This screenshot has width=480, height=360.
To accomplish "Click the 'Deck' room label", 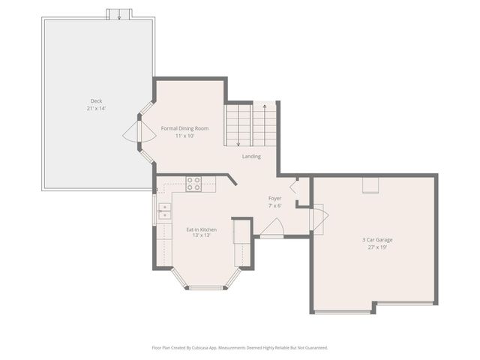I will click(x=96, y=100).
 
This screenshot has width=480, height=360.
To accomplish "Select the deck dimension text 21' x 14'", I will click(x=96, y=109).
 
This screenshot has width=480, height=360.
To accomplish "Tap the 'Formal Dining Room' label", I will click(x=184, y=128).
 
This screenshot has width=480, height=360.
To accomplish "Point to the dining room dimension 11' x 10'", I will click(x=184, y=136).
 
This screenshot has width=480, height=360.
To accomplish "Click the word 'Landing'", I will click(x=251, y=157).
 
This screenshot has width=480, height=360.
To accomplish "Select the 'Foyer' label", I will click(x=275, y=198).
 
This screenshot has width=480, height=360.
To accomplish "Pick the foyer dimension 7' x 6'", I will click(x=275, y=205).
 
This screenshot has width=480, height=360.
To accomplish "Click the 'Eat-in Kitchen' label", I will click(x=202, y=228).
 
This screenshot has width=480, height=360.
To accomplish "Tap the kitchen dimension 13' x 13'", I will click(x=202, y=235).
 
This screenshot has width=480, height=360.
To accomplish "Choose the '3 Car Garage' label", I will click(x=377, y=239).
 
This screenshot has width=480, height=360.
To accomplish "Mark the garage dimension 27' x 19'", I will click(x=377, y=247).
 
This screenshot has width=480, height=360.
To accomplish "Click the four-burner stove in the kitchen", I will click(x=193, y=184).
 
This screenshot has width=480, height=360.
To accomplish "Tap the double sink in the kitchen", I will click(x=163, y=211).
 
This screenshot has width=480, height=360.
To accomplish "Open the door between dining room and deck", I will click(x=132, y=133).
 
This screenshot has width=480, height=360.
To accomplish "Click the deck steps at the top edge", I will click(x=118, y=14).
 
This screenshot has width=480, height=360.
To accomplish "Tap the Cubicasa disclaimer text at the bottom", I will click(x=239, y=347).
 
